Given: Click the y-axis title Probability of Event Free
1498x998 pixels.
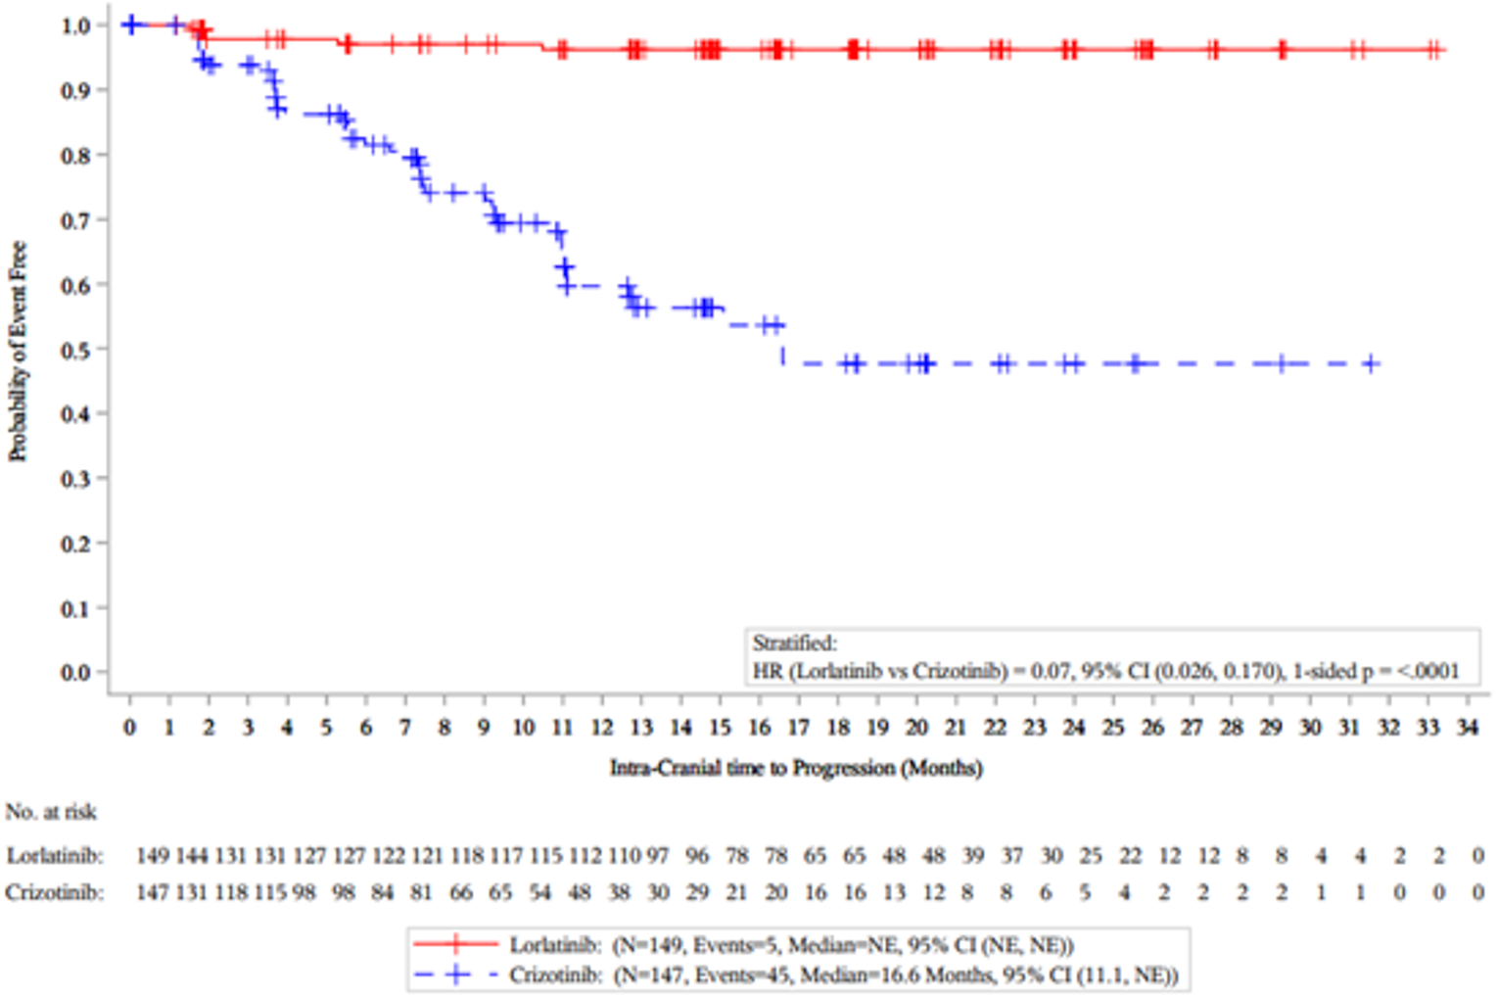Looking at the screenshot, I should (18, 352).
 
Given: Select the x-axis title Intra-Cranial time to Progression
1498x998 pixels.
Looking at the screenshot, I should (795, 768).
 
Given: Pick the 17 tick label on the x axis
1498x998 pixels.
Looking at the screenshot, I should (799, 728).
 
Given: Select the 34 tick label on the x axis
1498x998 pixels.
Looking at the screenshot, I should (1467, 728).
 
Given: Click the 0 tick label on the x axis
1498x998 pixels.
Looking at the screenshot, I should (129, 728).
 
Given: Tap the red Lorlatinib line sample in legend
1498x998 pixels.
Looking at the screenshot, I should (455, 945).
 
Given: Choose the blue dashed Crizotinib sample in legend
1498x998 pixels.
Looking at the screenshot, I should (455, 975).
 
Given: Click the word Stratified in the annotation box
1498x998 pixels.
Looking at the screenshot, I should (794, 643).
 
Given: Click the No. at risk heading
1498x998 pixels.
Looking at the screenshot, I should (51, 812).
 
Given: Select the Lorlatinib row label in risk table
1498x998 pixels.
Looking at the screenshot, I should (55, 856).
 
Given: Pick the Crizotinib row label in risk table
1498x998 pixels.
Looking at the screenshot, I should (55, 893).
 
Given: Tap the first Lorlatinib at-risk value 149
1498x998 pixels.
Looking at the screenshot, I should (152, 856).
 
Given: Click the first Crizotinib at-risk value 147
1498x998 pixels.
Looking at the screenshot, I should (152, 893).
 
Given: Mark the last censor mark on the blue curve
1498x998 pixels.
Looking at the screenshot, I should (1371, 364).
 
